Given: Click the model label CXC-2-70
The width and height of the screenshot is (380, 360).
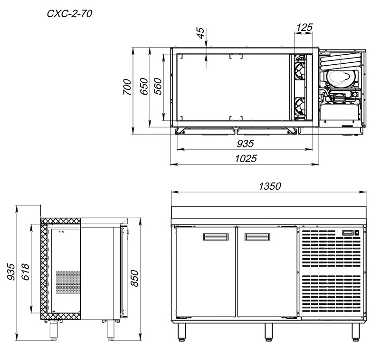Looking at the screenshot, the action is pyautogui.click(x=69, y=14).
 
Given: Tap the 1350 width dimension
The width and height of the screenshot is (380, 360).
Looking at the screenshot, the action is pyautogui.click(x=270, y=186).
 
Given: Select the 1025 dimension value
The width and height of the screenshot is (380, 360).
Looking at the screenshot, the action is pyautogui.click(x=246, y=159).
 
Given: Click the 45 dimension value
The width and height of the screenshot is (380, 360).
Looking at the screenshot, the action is pyautogui.click(x=201, y=33).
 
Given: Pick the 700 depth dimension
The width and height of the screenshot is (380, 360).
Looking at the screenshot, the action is pyautogui.click(x=127, y=87).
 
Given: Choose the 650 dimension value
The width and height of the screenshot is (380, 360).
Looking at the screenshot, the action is pyautogui.click(x=144, y=87).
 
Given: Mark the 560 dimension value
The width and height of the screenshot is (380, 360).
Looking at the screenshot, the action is pyautogui.click(x=158, y=87).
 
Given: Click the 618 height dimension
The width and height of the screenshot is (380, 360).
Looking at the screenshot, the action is pyautogui.click(x=26, y=272).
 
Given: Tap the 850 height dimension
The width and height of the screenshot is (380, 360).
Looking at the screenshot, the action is pyautogui.click(x=134, y=278).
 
